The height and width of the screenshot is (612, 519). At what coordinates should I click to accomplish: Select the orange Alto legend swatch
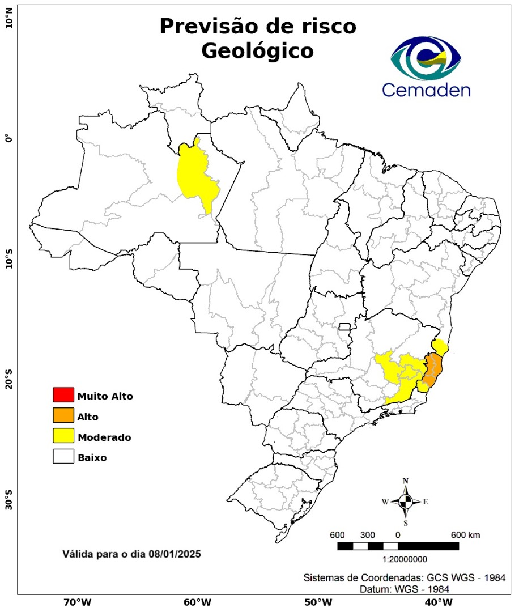63,415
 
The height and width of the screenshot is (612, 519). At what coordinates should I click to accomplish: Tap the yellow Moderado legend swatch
63,436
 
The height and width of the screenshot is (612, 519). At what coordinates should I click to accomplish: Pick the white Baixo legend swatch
63,456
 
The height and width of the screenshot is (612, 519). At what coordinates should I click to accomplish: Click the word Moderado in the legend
104,437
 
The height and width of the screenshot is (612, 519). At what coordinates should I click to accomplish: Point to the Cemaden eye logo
426,58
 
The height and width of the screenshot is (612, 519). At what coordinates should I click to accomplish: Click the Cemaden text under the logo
426,90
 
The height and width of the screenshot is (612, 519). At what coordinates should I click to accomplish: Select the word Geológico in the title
258,51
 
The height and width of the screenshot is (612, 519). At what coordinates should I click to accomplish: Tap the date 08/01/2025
174,553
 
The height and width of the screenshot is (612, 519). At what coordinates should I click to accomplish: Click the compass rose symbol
406,501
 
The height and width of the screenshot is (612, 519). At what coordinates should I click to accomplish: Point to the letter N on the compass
406,481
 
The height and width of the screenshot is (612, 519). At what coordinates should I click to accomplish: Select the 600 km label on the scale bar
465,535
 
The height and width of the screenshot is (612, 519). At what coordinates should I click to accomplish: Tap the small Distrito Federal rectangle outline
344,326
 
